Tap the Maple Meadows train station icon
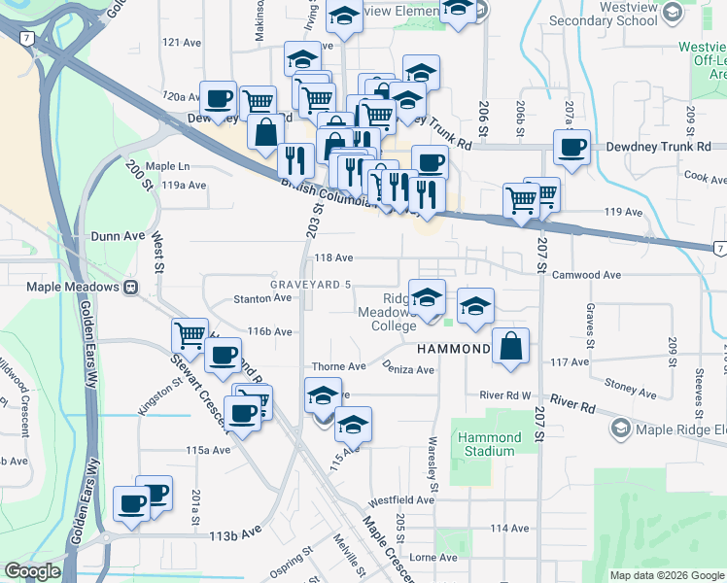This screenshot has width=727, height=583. [x=130, y=288]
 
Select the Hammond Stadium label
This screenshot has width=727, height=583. [x=488, y=445]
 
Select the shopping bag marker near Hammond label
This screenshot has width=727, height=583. [x=510, y=346]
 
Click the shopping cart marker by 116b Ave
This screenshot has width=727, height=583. [x=190, y=335]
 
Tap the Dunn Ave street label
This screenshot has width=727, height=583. [x=118, y=235]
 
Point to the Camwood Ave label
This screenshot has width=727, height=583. [x=586, y=275]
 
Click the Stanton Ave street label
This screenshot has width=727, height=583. [x=258, y=299]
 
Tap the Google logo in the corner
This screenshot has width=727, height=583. [x=32, y=571]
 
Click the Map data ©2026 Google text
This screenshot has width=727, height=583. [x=666, y=575]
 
